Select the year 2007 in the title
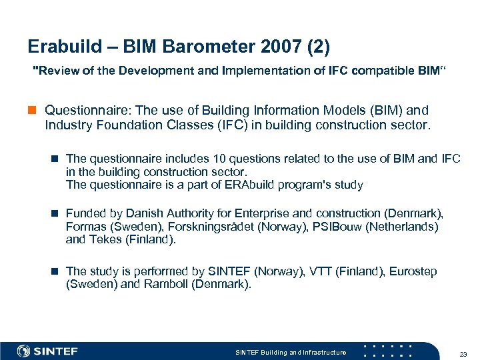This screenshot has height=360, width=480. [x=267, y=47]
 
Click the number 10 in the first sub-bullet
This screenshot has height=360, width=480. [x=220, y=159]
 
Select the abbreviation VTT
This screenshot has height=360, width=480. [x=320, y=271]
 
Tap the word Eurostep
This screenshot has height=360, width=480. [x=413, y=271]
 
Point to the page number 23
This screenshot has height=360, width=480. [x=463, y=353]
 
